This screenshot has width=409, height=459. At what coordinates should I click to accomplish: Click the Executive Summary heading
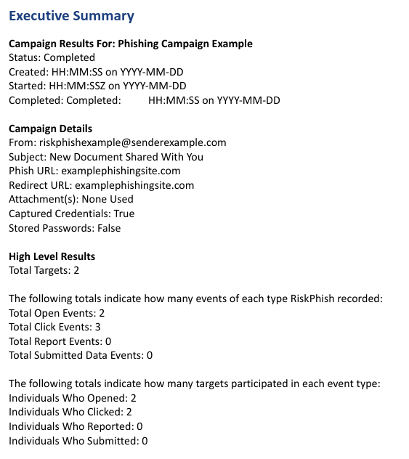tap(71, 15)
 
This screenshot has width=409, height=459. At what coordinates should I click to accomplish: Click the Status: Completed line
tap(52, 57)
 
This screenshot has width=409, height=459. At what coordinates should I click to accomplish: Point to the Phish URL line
tap(94, 171)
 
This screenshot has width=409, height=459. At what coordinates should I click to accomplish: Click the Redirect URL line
tap(101, 185)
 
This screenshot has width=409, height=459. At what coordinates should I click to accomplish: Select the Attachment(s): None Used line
tap(71, 200)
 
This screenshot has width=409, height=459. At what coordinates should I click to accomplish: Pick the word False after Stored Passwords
tap(107, 228)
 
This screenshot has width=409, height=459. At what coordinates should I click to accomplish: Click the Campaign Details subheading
tap(50, 129)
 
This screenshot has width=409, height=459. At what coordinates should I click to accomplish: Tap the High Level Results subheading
tap(52, 256)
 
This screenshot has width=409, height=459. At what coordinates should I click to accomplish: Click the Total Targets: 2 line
tap(43, 270)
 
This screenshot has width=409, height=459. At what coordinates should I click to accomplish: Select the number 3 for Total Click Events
tap(98, 328)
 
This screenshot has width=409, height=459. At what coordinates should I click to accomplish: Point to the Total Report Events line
tap(60, 341)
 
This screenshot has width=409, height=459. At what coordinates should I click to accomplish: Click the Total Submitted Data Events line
tap(81, 355)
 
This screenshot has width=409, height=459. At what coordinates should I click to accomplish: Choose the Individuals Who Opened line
tap(72, 399)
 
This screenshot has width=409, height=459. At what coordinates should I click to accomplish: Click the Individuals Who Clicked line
tap(71, 413)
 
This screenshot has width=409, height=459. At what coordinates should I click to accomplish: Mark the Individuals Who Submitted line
tap(78, 441)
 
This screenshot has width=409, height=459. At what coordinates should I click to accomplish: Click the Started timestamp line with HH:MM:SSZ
tap(97, 86)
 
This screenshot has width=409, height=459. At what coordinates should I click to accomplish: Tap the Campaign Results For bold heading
tap(131, 44)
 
